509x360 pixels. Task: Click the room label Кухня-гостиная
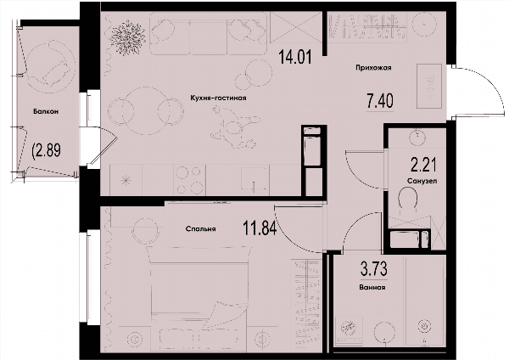pyautogui.click(x=218, y=98)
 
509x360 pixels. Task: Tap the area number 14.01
pyautogui.click(x=295, y=58)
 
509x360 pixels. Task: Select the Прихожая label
pyautogui.click(x=373, y=68)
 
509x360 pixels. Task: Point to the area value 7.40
pyautogui.click(x=380, y=101)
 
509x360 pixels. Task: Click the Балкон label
pyautogui.click(x=46, y=111)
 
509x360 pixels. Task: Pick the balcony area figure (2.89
pyautogui.click(x=46, y=150)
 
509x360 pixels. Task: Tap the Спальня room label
pyautogui.click(x=200, y=228)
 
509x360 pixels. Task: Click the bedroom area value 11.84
pyautogui.click(x=260, y=228)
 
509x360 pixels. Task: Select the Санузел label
pyautogui.click(x=422, y=181)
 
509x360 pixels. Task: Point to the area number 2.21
pyautogui.click(x=423, y=165)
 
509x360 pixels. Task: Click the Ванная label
pyautogui.click(x=372, y=287)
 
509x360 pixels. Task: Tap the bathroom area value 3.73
pyautogui.click(x=373, y=269)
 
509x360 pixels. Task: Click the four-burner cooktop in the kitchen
pyautogui.click(x=189, y=179)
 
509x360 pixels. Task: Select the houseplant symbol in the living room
pyautogui.click(x=128, y=37)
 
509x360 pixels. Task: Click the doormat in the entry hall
pyautogui.click(x=429, y=86)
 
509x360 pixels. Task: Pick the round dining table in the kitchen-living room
pyautogui.click(x=145, y=110)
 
